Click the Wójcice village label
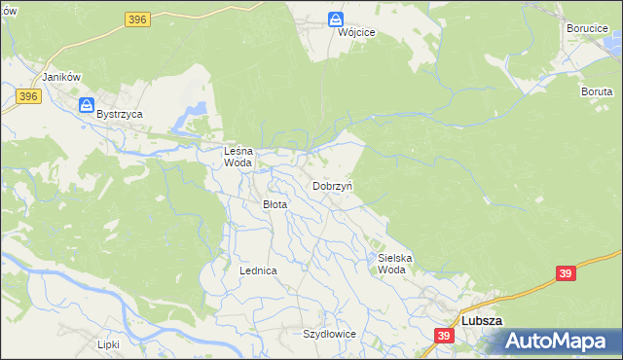click(336, 32)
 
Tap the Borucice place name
click(587, 28)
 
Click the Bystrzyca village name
click(120, 114)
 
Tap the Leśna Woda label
click(238, 157)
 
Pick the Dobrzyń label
click(332, 185)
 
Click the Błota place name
click(275, 204)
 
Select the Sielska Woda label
click(395, 264)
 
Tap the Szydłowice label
click(329, 333)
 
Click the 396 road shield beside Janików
click(28, 95)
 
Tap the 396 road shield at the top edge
click(136, 18)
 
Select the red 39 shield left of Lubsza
click(444, 336)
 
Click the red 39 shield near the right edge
click(566, 273)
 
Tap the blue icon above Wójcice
click(336, 18)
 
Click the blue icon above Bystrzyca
click(87, 104)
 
